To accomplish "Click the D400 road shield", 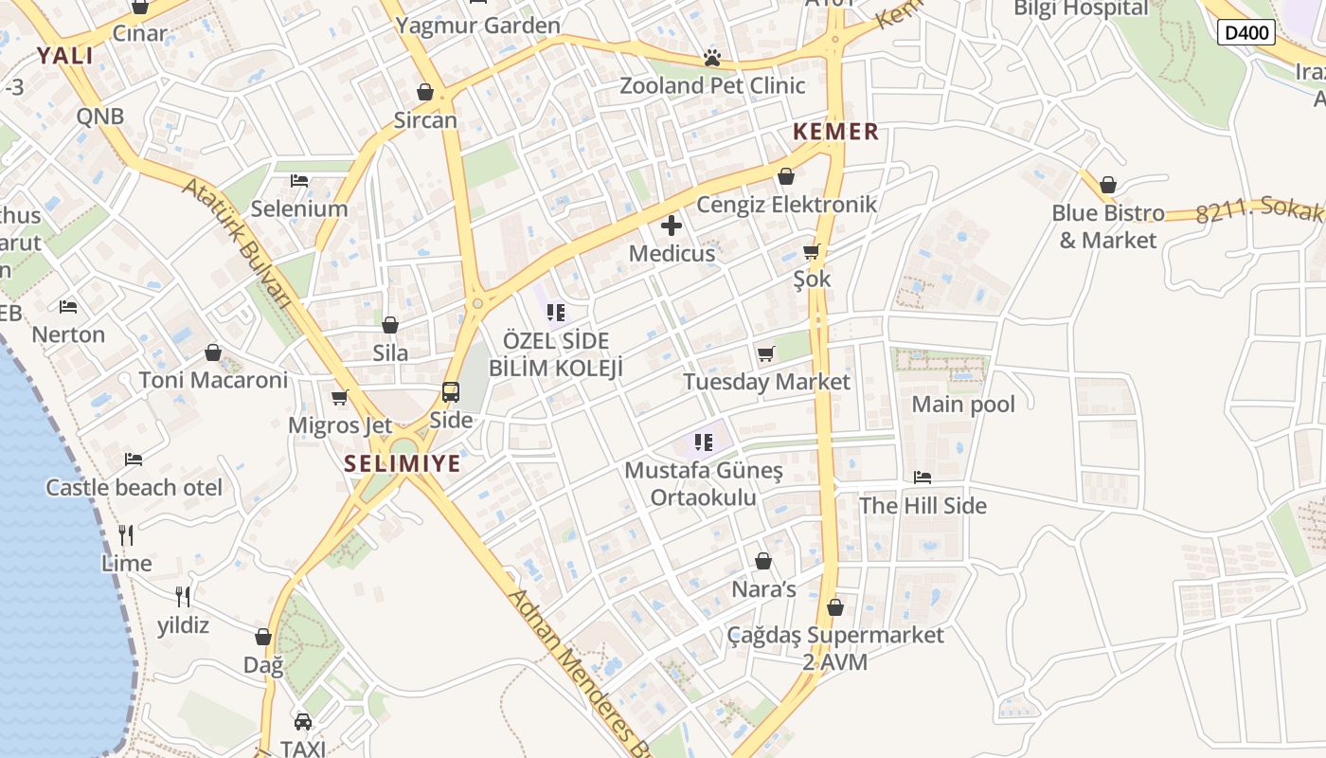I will click(1245, 32).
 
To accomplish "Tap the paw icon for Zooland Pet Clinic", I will click(712, 59).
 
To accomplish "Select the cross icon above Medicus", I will click(672, 226).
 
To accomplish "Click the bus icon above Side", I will click(451, 391).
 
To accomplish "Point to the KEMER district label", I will click(835, 132).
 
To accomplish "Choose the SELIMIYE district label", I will click(403, 463).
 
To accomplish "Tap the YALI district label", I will click(65, 56).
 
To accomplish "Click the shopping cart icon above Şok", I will click(811, 252).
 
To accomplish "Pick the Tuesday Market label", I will click(766, 382).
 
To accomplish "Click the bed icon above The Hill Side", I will click(923, 478).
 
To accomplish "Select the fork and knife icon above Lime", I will click(126, 535).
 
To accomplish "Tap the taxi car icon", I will click(303, 722).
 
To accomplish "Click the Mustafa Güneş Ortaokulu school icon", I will click(703, 442).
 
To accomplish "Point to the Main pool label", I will click(962, 405).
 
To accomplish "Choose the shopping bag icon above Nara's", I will click(763, 561).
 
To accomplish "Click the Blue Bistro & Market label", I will click(1107, 226).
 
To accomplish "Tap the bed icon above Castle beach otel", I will click(134, 460).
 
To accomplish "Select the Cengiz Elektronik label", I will click(786, 204).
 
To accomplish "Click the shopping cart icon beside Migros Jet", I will click(340, 398).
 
